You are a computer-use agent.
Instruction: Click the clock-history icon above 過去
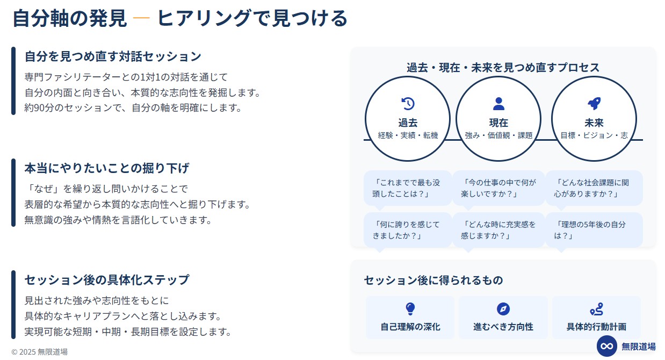408,104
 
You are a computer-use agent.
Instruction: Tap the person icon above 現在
498,104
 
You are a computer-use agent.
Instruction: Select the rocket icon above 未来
594,104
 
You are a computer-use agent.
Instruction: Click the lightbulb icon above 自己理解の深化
410,309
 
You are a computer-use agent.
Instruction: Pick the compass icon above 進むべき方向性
503,309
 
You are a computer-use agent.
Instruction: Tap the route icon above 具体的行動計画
596,309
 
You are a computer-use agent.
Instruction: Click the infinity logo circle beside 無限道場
607,346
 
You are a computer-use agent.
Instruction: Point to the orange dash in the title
141,18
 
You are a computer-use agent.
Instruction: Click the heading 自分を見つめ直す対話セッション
113,56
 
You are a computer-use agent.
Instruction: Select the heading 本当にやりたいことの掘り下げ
106,168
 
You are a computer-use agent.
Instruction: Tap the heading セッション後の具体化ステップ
106,280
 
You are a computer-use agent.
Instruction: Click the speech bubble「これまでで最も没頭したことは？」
408,188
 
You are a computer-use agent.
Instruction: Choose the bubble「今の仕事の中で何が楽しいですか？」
498,188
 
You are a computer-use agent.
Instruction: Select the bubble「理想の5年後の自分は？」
594,230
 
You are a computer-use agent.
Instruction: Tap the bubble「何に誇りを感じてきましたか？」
408,230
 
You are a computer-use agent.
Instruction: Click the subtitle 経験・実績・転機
408,135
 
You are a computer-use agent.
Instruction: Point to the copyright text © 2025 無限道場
40,352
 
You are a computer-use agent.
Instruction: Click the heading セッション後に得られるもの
433,280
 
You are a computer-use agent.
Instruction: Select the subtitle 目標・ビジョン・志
594,135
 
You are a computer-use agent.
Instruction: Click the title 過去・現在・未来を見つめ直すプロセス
503,67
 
